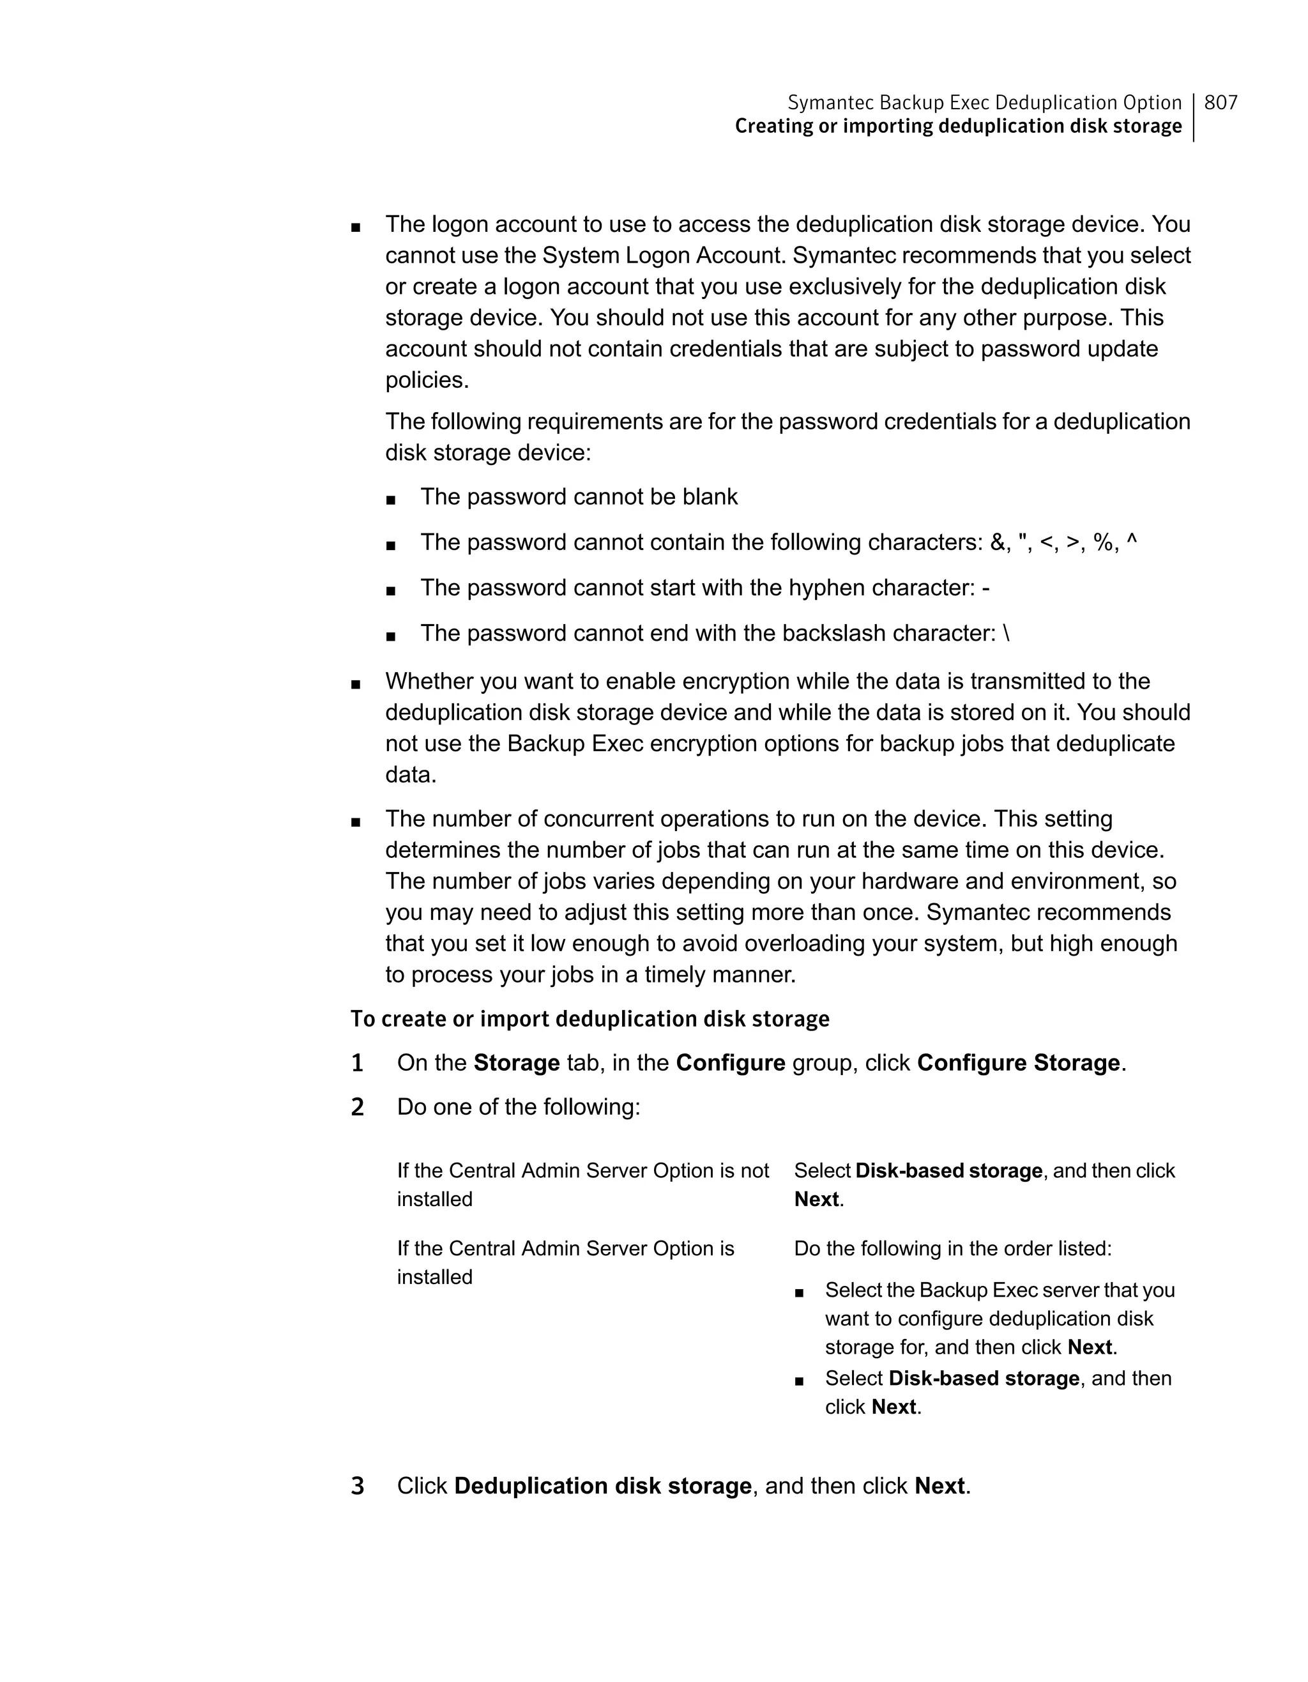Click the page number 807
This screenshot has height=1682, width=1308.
pos(1221,102)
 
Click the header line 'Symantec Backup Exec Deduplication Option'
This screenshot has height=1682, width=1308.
pos(984,102)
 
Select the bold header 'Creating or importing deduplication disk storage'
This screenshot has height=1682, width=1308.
pos(958,126)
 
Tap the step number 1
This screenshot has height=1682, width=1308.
pos(357,1064)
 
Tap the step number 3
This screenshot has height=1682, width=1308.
pos(357,1487)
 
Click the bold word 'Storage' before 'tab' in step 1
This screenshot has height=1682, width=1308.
pos(517,1063)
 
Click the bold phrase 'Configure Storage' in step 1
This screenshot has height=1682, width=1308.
pos(1018,1063)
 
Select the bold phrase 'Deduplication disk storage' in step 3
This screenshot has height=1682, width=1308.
pos(603,1486)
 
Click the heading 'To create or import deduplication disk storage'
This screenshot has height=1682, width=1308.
pos(589,1019)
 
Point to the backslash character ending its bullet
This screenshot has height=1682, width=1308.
pos(1007,633)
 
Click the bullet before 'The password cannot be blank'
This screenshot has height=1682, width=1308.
pos(391,500)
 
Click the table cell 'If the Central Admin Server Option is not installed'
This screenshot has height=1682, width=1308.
pos(582,1184)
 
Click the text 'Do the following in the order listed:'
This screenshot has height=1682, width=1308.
pos(952,1248)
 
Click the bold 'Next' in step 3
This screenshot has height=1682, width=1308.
pos(939,1486)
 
